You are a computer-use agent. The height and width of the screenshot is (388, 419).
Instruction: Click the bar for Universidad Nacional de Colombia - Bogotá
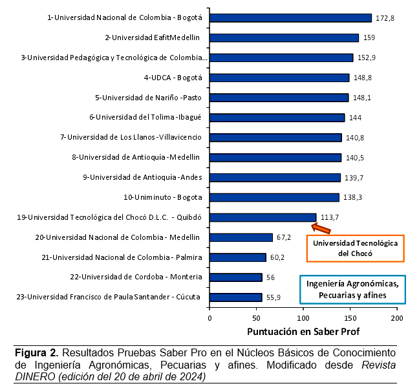pos(290,17)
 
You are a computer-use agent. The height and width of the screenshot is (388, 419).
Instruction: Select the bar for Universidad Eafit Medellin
pos(285,38)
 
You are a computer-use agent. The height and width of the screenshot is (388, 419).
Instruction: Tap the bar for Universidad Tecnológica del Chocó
pos(263,217)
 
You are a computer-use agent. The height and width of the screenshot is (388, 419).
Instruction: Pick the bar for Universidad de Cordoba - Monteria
pos(235,277)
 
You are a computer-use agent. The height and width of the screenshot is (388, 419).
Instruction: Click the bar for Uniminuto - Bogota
pos(274,197)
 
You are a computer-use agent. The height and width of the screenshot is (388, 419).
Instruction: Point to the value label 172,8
pos(385,18)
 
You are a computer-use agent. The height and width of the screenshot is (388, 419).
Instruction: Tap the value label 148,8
pos(362,78)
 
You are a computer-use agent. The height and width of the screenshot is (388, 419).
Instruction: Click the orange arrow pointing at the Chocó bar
pos(321,226)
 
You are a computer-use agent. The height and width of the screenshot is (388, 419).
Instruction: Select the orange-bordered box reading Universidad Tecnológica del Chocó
pos(355,248)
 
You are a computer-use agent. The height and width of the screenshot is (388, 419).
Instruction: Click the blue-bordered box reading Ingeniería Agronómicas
pos(352,289)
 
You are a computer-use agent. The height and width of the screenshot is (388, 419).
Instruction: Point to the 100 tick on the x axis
pos(303,319)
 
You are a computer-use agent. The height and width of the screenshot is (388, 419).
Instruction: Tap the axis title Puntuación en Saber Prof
pos(303,332)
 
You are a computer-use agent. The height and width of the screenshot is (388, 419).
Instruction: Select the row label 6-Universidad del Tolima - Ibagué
pos(145,118)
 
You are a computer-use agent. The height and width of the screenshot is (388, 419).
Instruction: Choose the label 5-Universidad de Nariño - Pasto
pos(149,98)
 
